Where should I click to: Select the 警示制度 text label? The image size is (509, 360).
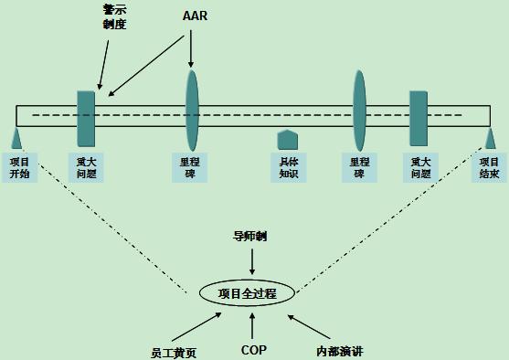click(114, 16)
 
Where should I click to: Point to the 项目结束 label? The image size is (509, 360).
click(489, 168)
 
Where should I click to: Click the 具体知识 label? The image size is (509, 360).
click(289, 168)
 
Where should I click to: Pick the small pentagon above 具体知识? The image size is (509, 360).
click(288, 139)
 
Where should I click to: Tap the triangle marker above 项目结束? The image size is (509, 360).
click(491, 138)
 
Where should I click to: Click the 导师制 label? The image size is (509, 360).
click(250, 237)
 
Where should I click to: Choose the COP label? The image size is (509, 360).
click(253, 349)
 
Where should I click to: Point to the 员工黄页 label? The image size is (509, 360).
click(174, 350)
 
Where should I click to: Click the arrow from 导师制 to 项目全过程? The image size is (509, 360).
click(252, 260)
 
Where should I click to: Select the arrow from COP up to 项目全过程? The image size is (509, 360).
click(253, 324)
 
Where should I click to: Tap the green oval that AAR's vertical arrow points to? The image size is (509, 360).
click(192, 111)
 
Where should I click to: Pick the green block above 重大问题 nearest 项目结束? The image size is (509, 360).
click(419, 117)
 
